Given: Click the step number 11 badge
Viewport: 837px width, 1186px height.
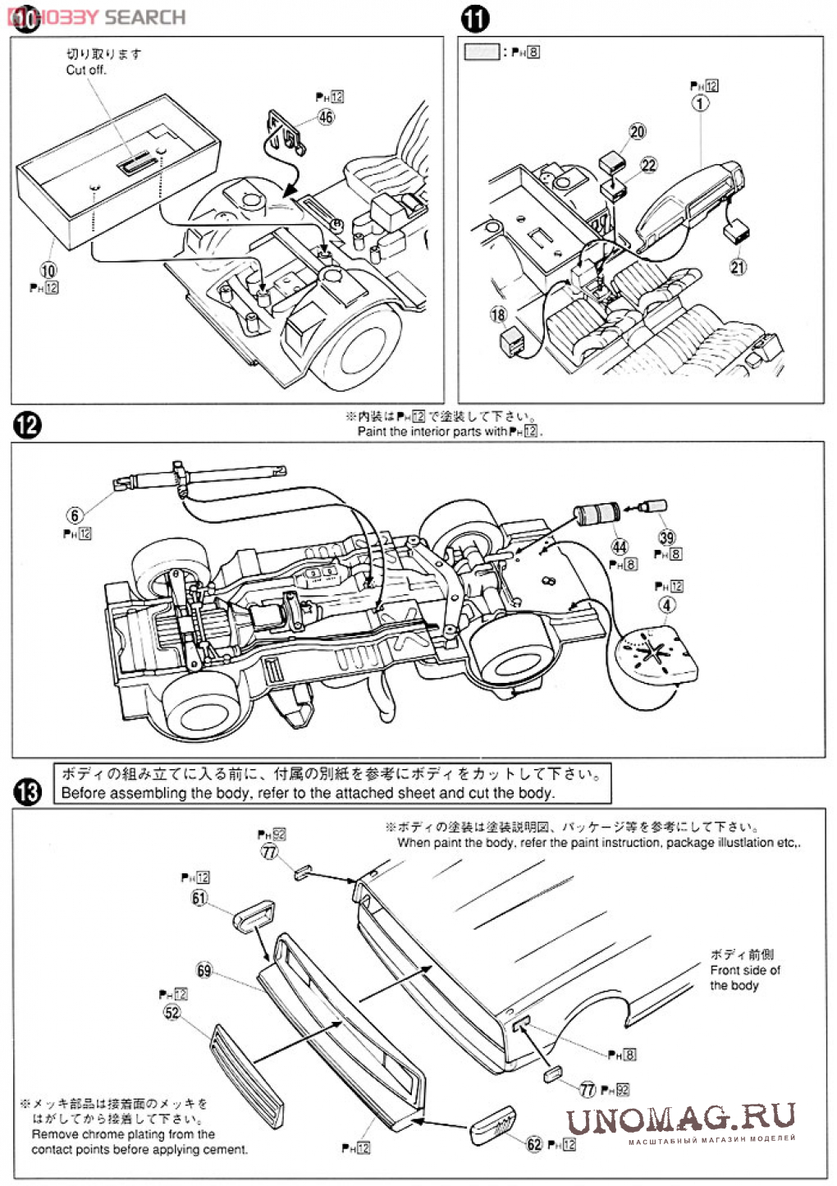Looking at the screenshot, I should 475,19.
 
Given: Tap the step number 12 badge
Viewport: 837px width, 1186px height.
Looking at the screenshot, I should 27,425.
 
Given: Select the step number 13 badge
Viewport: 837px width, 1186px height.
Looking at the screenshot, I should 27,792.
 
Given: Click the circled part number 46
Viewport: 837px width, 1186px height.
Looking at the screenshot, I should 326,117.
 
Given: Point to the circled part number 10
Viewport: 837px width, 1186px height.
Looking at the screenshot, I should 48,270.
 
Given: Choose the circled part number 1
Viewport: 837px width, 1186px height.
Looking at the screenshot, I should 700,103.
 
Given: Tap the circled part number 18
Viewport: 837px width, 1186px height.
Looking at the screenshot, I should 499,314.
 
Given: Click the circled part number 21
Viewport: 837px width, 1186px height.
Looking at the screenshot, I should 738,266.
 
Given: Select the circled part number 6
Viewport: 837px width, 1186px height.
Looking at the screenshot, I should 75,515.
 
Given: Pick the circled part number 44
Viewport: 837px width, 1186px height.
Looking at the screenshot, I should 620,547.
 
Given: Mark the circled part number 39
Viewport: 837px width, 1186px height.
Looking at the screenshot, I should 666,537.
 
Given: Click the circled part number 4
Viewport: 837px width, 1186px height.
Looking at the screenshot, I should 667,604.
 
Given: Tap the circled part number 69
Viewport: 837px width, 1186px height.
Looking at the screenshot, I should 204,970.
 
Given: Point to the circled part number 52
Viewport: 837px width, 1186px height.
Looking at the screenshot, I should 172,1012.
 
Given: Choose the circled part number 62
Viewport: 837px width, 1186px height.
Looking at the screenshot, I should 535,1143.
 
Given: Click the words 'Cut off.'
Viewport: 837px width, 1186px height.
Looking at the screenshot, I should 86,71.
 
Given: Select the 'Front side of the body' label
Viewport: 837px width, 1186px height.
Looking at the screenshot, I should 744,970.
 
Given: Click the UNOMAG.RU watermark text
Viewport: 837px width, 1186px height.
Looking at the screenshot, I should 680,1117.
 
